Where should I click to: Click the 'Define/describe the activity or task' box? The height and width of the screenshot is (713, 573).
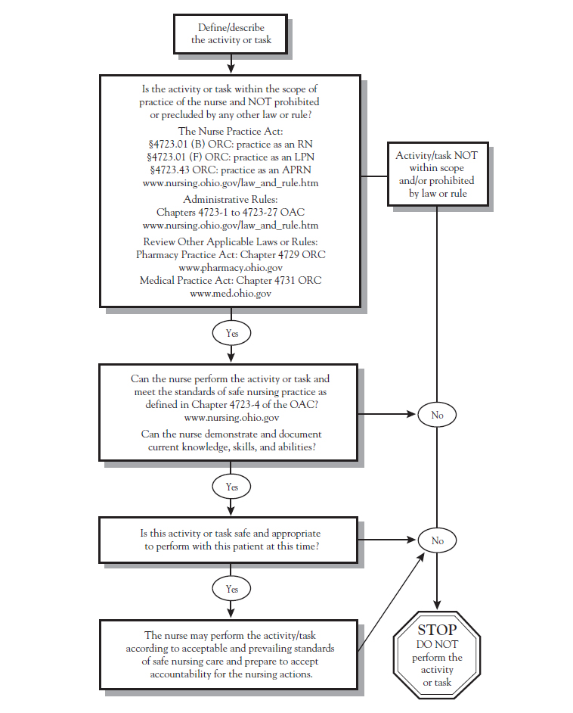click(x=231, y=34)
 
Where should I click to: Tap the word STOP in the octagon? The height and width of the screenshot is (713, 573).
click(x=437, y=630)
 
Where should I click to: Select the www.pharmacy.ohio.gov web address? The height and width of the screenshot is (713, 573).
click(x=231, y=268)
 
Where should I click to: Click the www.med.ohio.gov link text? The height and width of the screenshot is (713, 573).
click(x=231, y=293)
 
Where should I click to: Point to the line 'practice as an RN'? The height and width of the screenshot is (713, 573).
click(x=231, y=142)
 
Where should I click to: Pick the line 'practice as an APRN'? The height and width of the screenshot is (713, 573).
click(x=231, y=169)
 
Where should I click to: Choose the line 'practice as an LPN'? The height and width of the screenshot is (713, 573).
click(x=231, y=156)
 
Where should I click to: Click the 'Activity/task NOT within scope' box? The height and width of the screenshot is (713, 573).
click(x=437, y=175)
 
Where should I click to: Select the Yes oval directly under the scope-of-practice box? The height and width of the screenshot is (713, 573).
click(x=231, y=333)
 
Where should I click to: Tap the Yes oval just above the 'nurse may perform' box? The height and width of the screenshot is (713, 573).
click(x=231, y=589)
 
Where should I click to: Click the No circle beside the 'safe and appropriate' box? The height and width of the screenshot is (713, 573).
click(x=437, y=540)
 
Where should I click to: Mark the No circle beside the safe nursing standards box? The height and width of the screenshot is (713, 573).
click(x=437, y=415)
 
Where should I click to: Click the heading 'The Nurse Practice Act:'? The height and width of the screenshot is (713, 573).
click(x=231, y=130)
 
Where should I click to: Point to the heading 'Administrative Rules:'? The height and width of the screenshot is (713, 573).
click(x=231, y=199)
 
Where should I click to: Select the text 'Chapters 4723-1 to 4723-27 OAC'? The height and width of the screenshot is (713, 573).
click(x=231, y=212)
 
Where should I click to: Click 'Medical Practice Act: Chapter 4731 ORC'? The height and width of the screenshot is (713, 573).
click(x=231, y=280)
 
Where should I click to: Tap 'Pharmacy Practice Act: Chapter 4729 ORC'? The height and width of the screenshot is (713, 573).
click(x=231, y=255)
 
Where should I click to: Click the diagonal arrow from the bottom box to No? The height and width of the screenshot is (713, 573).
click(x=389, y=601)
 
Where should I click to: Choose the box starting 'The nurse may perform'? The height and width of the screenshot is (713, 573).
click(x=229, y=655)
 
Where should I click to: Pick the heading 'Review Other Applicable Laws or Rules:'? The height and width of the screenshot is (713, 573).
click(x=231, y=242)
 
